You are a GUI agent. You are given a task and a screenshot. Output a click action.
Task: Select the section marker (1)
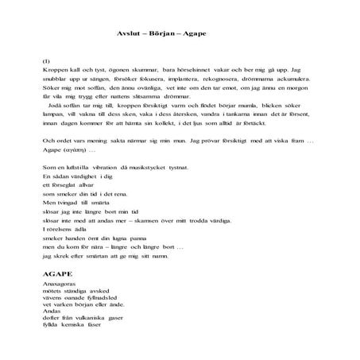tap(45, 62)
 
